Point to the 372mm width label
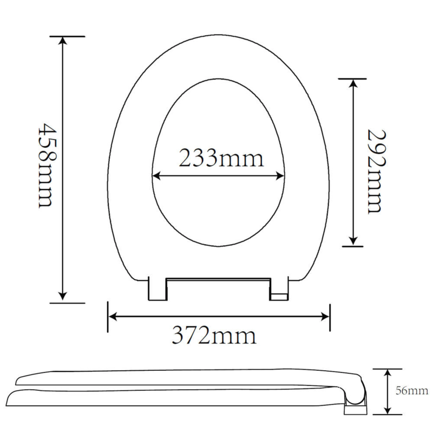(x=214, y=336)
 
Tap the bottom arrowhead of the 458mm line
(x=63, y=296)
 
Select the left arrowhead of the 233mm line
(x=156, y=175)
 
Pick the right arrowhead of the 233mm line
(x=280, y=175)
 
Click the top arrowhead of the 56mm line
(x=388, y=373)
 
